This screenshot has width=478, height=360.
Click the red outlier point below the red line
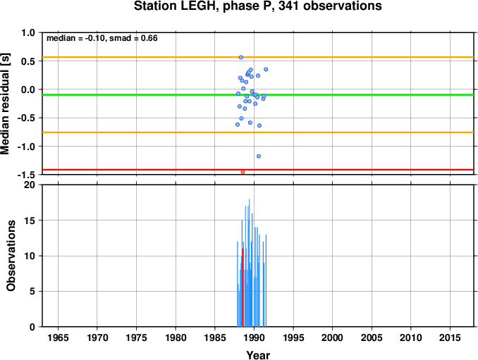point(243,172)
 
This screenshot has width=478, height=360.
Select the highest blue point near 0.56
point(241,57)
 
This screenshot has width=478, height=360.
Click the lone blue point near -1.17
point(259,156)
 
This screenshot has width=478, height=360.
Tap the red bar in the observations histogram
point(243,287)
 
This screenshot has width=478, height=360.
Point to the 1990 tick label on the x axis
point(254,337)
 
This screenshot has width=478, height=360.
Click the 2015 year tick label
point(450,337)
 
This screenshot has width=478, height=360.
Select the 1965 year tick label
point(58,337)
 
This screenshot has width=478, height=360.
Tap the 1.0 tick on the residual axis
point(28,32)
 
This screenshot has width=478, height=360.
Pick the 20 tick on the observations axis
point(30,185)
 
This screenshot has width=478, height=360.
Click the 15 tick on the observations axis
point(30,221)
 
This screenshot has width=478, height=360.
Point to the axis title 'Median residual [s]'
point(6,104)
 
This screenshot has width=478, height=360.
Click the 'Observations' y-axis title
point(11,256)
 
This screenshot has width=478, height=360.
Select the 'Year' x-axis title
point(258,355)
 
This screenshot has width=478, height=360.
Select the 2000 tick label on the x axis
point(332,337)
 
